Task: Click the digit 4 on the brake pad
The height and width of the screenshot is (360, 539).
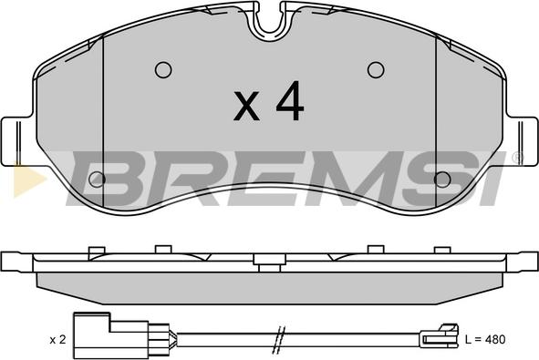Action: [x=290, y=100]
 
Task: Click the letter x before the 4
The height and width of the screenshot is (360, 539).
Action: [x=246, y=106]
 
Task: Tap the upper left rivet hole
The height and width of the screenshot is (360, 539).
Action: [x=163, y=70]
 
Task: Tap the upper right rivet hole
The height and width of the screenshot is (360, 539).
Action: [x=376, y=70]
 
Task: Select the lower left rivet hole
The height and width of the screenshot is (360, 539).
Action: [x=97, y=179]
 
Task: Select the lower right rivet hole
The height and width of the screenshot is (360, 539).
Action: [x=442, y=179]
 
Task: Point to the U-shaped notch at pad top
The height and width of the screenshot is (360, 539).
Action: [x=270, y=24]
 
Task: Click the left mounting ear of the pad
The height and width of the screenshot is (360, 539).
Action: [x=17, y=141]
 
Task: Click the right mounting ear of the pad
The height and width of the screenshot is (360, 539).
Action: [x=522, y=141]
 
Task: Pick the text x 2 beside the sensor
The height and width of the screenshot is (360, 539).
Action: [x=57, y=340]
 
